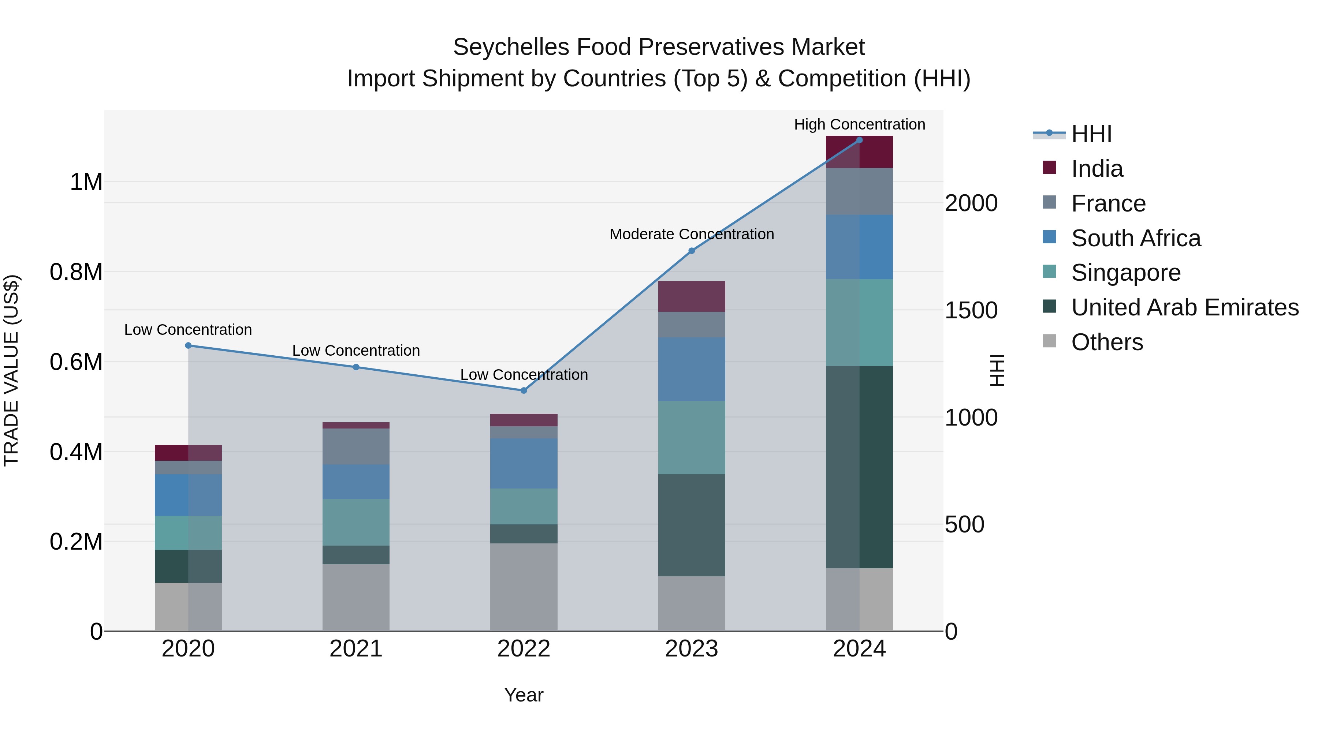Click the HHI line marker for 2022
coord(524,390)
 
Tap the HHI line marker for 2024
coord(859,140)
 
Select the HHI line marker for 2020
coord(188,345)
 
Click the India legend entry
coord(1097,169)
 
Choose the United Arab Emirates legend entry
coord(1184,307)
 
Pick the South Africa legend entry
coord(1135,238)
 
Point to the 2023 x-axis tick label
coord(691,648)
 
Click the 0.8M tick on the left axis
coord(76,272)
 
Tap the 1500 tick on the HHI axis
coord(971,310)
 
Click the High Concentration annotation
coord(859,124)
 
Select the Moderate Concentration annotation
coord(691,234)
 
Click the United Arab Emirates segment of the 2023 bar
coord(691,525)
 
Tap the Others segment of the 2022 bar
coord(524,587)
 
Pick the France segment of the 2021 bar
coord(355,446)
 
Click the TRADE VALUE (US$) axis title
coord(11,370)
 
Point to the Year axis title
coord(524,695)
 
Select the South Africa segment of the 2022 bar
coord(524,463)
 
